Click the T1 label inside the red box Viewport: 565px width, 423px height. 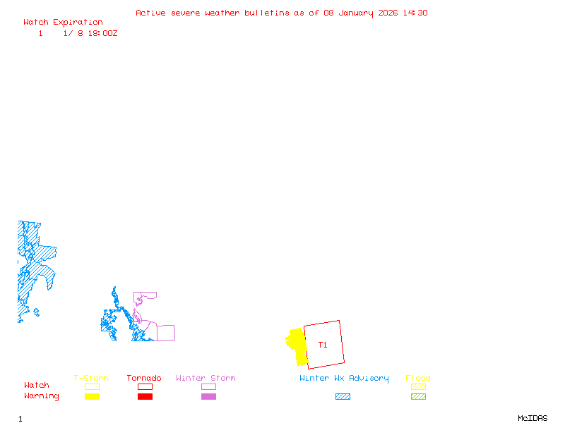click(323, 345)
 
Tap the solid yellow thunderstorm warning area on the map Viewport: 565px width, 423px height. click(298, 346)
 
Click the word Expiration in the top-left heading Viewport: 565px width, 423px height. click(78, 22)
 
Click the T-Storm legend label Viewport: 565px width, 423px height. click(91, 378)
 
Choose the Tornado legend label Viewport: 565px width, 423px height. click(144, 378)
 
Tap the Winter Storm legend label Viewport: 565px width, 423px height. click(206, 378)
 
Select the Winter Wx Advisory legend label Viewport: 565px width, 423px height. click(344, 378)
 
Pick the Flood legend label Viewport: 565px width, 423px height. click(418, 378)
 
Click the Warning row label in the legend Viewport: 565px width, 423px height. click(42, 396)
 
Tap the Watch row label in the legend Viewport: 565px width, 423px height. click(37, 386)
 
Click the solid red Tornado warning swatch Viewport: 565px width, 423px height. click(145, 396)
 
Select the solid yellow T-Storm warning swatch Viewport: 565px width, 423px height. click(92, 396)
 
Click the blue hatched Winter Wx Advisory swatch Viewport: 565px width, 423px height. click(343, 396)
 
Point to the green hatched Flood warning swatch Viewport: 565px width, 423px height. click(418, 396)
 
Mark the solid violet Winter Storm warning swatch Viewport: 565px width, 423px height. click(208, 396)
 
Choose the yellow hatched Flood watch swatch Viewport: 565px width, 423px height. click(418, 386)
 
